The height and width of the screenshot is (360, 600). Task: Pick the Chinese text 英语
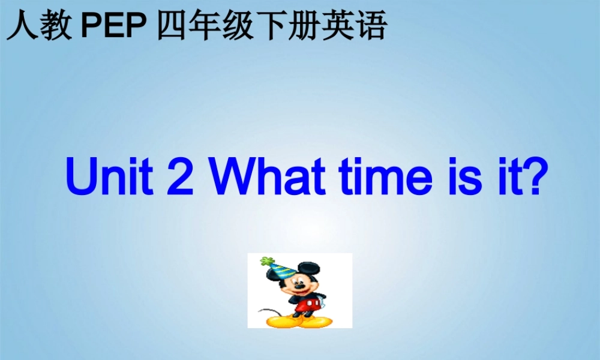(360, 27)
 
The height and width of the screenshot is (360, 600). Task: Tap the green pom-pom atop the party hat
(265, 262)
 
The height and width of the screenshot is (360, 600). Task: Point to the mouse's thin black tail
(264, 311)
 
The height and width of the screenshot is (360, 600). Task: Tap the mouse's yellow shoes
(300, 322)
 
